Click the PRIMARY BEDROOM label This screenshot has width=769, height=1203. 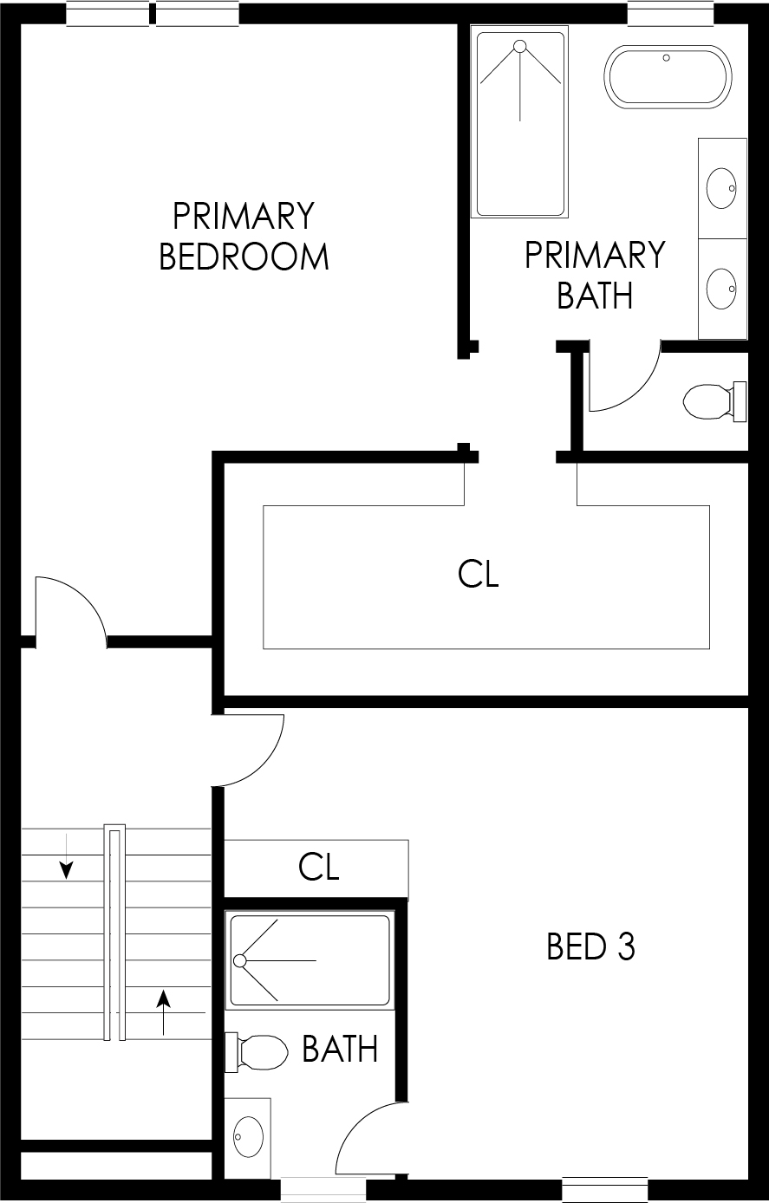[x=244, y=237]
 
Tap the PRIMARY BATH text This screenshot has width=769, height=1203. [x=595, y=275]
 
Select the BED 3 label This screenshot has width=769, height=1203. [x=590, y=946]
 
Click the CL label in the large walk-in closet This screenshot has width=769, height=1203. [x=479, y=574]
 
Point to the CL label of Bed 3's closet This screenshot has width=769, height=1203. [x=319, y=866]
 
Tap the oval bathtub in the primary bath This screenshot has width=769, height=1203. [x=668, y=78]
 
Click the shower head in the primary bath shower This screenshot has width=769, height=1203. [x=519, y=46]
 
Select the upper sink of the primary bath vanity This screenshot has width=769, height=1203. [x=721, y=188]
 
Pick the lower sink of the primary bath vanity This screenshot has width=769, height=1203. [x=721, y=289]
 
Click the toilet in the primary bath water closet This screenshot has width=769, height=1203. [x=714, y=401]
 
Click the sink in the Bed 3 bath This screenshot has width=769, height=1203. [x=248, y=1137]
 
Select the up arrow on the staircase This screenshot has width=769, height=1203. [x=163, y=1012]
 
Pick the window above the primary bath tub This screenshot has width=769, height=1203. [x=670, y=13]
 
